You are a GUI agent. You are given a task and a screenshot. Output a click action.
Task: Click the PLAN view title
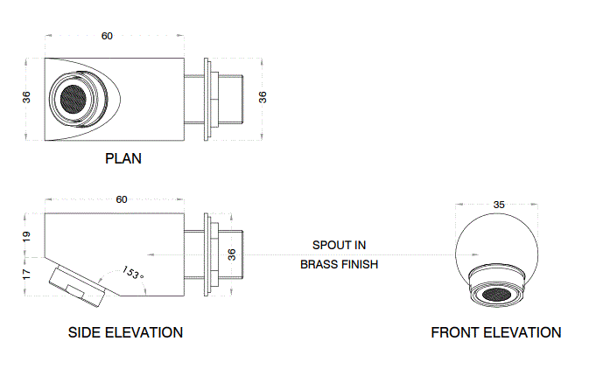pos(123,159)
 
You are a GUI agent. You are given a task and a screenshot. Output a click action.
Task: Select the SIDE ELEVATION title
pos(125,332)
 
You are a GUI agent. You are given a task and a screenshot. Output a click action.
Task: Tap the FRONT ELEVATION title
pos(495,332)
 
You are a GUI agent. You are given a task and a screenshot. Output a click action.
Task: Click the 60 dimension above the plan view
pos(107,36)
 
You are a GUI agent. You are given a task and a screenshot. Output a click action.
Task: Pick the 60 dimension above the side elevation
pos(122,199)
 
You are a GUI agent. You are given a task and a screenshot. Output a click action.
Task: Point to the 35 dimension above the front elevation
pos(499,205)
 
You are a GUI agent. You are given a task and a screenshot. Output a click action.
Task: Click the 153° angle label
pos(133,273)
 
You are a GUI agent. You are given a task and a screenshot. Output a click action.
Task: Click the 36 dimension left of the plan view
pos(26,98)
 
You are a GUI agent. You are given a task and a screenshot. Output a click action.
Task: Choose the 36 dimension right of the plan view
pos(263,97)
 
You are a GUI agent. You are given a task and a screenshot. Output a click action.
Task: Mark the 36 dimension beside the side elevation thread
pos(231,254)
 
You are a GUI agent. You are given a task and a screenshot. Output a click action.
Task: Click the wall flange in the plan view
pos(207,97)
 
